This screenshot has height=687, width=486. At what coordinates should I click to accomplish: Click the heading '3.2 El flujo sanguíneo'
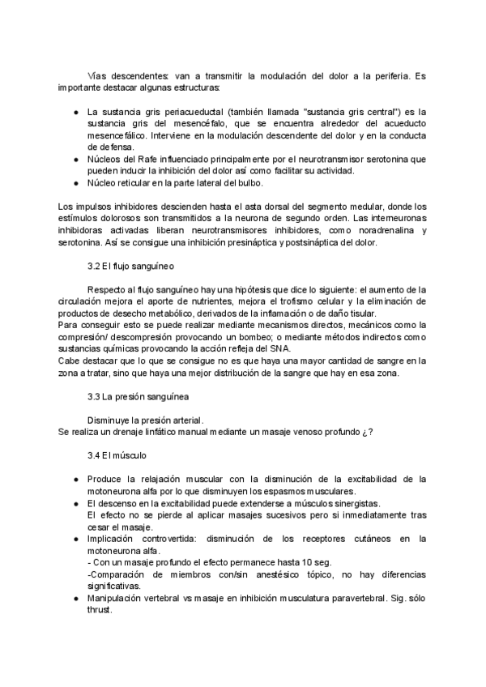pyautogui.click(x=130, y=265)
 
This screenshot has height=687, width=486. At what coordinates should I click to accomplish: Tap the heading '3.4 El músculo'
pyautogui.click(x=117, y=456)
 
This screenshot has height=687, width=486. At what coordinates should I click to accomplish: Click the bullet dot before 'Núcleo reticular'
pyautogui.click(x=75, y=183)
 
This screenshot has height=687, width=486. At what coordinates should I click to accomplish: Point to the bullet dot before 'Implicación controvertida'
pyautogui.click(x=75, y=539)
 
